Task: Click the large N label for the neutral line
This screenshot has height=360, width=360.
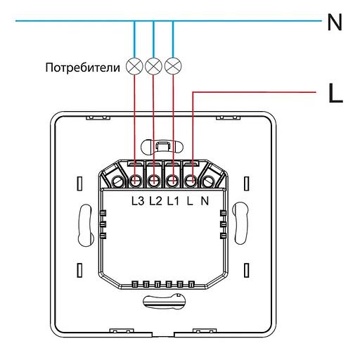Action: (x=335, y=22)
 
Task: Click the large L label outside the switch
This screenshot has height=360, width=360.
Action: (x=335, y=94)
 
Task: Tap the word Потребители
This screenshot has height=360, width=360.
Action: (x=84, y=68)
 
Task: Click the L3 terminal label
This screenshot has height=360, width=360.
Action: (x=138, y=201)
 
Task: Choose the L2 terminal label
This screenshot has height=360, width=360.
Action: (x=156, y=201)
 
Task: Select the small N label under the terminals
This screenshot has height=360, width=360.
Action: (x=205, y=201)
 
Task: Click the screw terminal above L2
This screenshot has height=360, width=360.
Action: (x=154, y=181)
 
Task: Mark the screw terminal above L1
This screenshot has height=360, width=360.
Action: (x=172, y=181)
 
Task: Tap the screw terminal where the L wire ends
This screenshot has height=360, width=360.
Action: (x=191, y=181)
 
